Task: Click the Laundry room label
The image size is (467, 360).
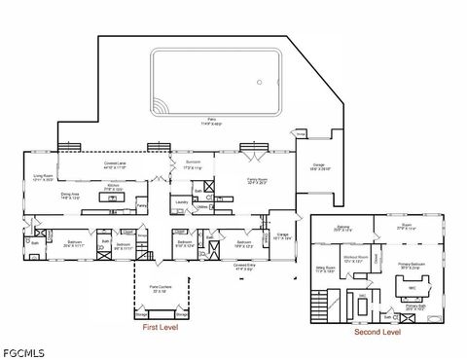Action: (x=181, y=201)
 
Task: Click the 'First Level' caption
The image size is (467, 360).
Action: (x=162, y=329)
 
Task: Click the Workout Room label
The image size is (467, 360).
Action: (x=352, y=259)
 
